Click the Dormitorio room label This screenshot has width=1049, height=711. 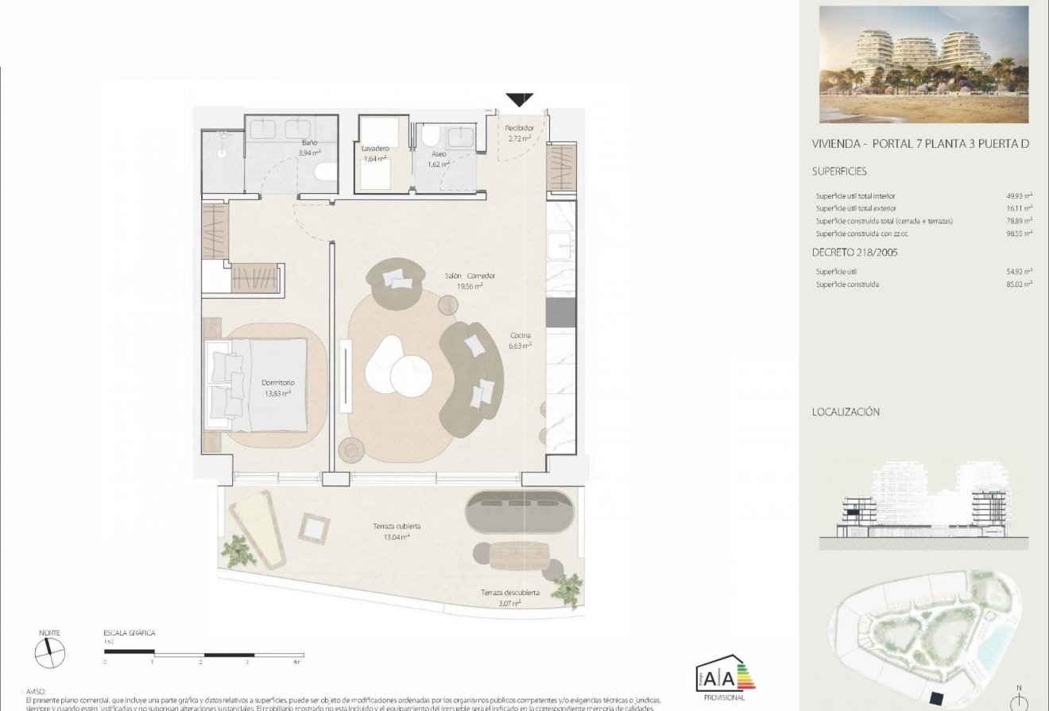click(x=277, y=382)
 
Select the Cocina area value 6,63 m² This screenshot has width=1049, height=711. click(x=521, y=346)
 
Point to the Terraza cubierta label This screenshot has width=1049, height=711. click(x=397, y=526)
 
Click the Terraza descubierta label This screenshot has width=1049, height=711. click(x=510, y=593)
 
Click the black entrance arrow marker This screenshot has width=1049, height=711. click(x=519, y=99)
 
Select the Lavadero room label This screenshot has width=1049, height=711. click(x=374, y=149)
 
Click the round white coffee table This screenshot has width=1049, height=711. click(x=412, y=373)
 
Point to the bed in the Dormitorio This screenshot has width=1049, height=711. click(x=257, y=384)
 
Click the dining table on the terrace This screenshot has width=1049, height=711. click(x=519, y=555)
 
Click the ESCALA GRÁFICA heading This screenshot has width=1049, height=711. click(x=130, y=633)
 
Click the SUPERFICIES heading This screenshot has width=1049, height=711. click(x=839, y=171)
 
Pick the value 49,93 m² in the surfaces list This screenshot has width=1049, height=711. click(x=1019, y=195)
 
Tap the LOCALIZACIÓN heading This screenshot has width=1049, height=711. click(x=846, y=412)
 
